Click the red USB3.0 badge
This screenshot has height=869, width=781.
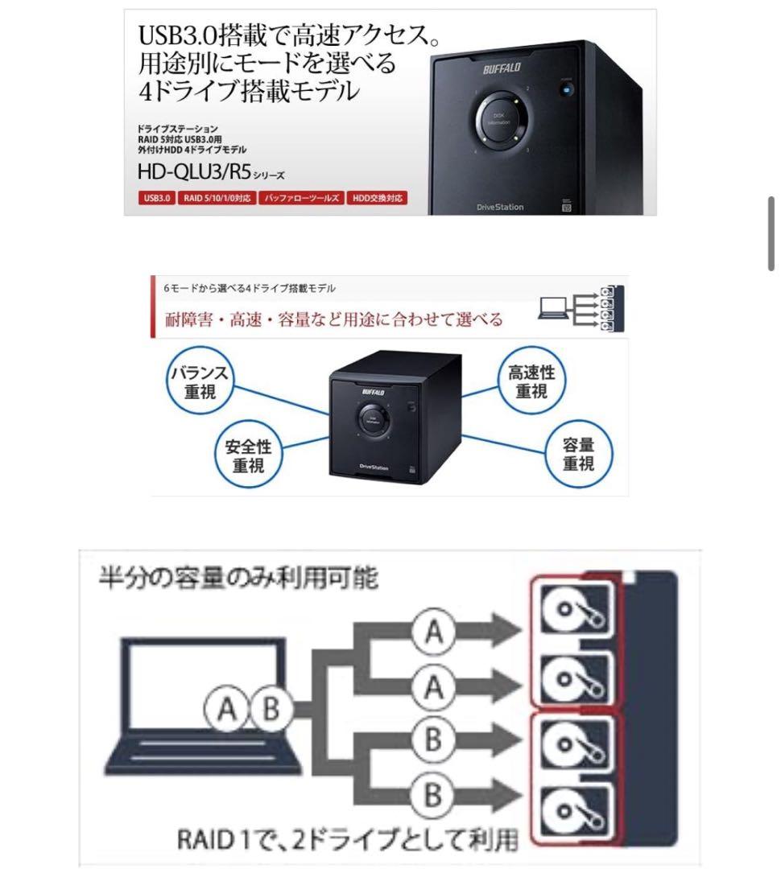coord(152,197)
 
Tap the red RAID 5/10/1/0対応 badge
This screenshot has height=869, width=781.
coord(215,197)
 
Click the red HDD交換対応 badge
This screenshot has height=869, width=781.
coord(377,197)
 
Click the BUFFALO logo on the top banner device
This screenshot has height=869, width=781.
coord(502,69)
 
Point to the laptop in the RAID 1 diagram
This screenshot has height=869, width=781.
coord(197,708)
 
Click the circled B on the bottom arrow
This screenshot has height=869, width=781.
coord(433,796)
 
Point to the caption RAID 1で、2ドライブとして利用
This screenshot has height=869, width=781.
coord(347,839)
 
